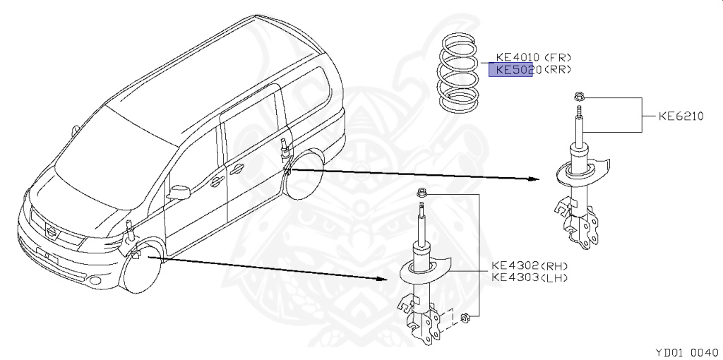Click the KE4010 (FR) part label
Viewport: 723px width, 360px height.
click(x=534, y=57)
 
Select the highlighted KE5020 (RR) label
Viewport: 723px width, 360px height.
click(x=534, y=70)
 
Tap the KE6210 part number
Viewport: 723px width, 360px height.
click(x=681, y=116)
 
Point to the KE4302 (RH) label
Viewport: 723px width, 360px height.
click(x=530, y=266)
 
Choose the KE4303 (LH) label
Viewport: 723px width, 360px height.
click(x=530, y=277)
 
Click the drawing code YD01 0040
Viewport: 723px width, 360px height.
click(x=686, y=351)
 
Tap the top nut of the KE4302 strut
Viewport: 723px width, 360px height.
click(x=422, y=193)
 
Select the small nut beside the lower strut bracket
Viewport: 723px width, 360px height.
click(x=465, y=319)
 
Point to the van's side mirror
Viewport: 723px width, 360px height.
click(x=179, y=191)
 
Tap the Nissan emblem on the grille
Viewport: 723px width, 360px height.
click(x=51, y=231)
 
